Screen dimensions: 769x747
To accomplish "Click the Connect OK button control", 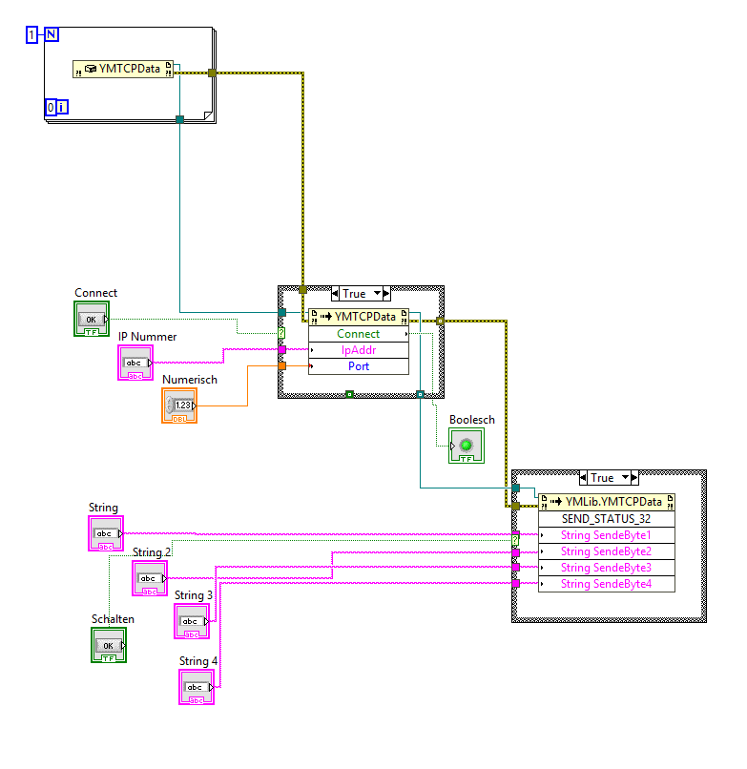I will [x=92, y=319].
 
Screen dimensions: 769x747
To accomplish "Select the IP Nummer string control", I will [x=135, y=363].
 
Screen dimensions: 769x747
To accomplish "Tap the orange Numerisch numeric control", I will [x=179, y=405].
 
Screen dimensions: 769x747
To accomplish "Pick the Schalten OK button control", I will [x=109, y=645].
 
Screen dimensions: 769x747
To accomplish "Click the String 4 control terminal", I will [x=196, y=687].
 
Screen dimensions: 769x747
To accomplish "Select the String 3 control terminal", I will [x=191, y=620].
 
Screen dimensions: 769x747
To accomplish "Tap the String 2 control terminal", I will [x=149, y=578].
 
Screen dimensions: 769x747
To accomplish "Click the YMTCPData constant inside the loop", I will [x=123, y=69].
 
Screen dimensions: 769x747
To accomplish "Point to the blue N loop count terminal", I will [x=51, y=35].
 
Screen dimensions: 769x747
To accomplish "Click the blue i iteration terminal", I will [x=62, y=107].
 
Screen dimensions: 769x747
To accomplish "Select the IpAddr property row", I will [x=359, y=350].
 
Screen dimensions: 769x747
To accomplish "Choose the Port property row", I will [x=359, y=366].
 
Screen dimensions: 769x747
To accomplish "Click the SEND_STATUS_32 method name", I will [x=606, y=518].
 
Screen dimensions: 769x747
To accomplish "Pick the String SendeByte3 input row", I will [x=606, y=568].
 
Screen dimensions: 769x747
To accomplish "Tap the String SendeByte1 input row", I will [x=606, y=535].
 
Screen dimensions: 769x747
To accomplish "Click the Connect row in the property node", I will [x=359, y=334].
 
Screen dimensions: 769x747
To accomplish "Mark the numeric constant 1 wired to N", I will [x=31, y=35].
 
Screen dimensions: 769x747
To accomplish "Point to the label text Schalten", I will [x=113, y=619].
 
